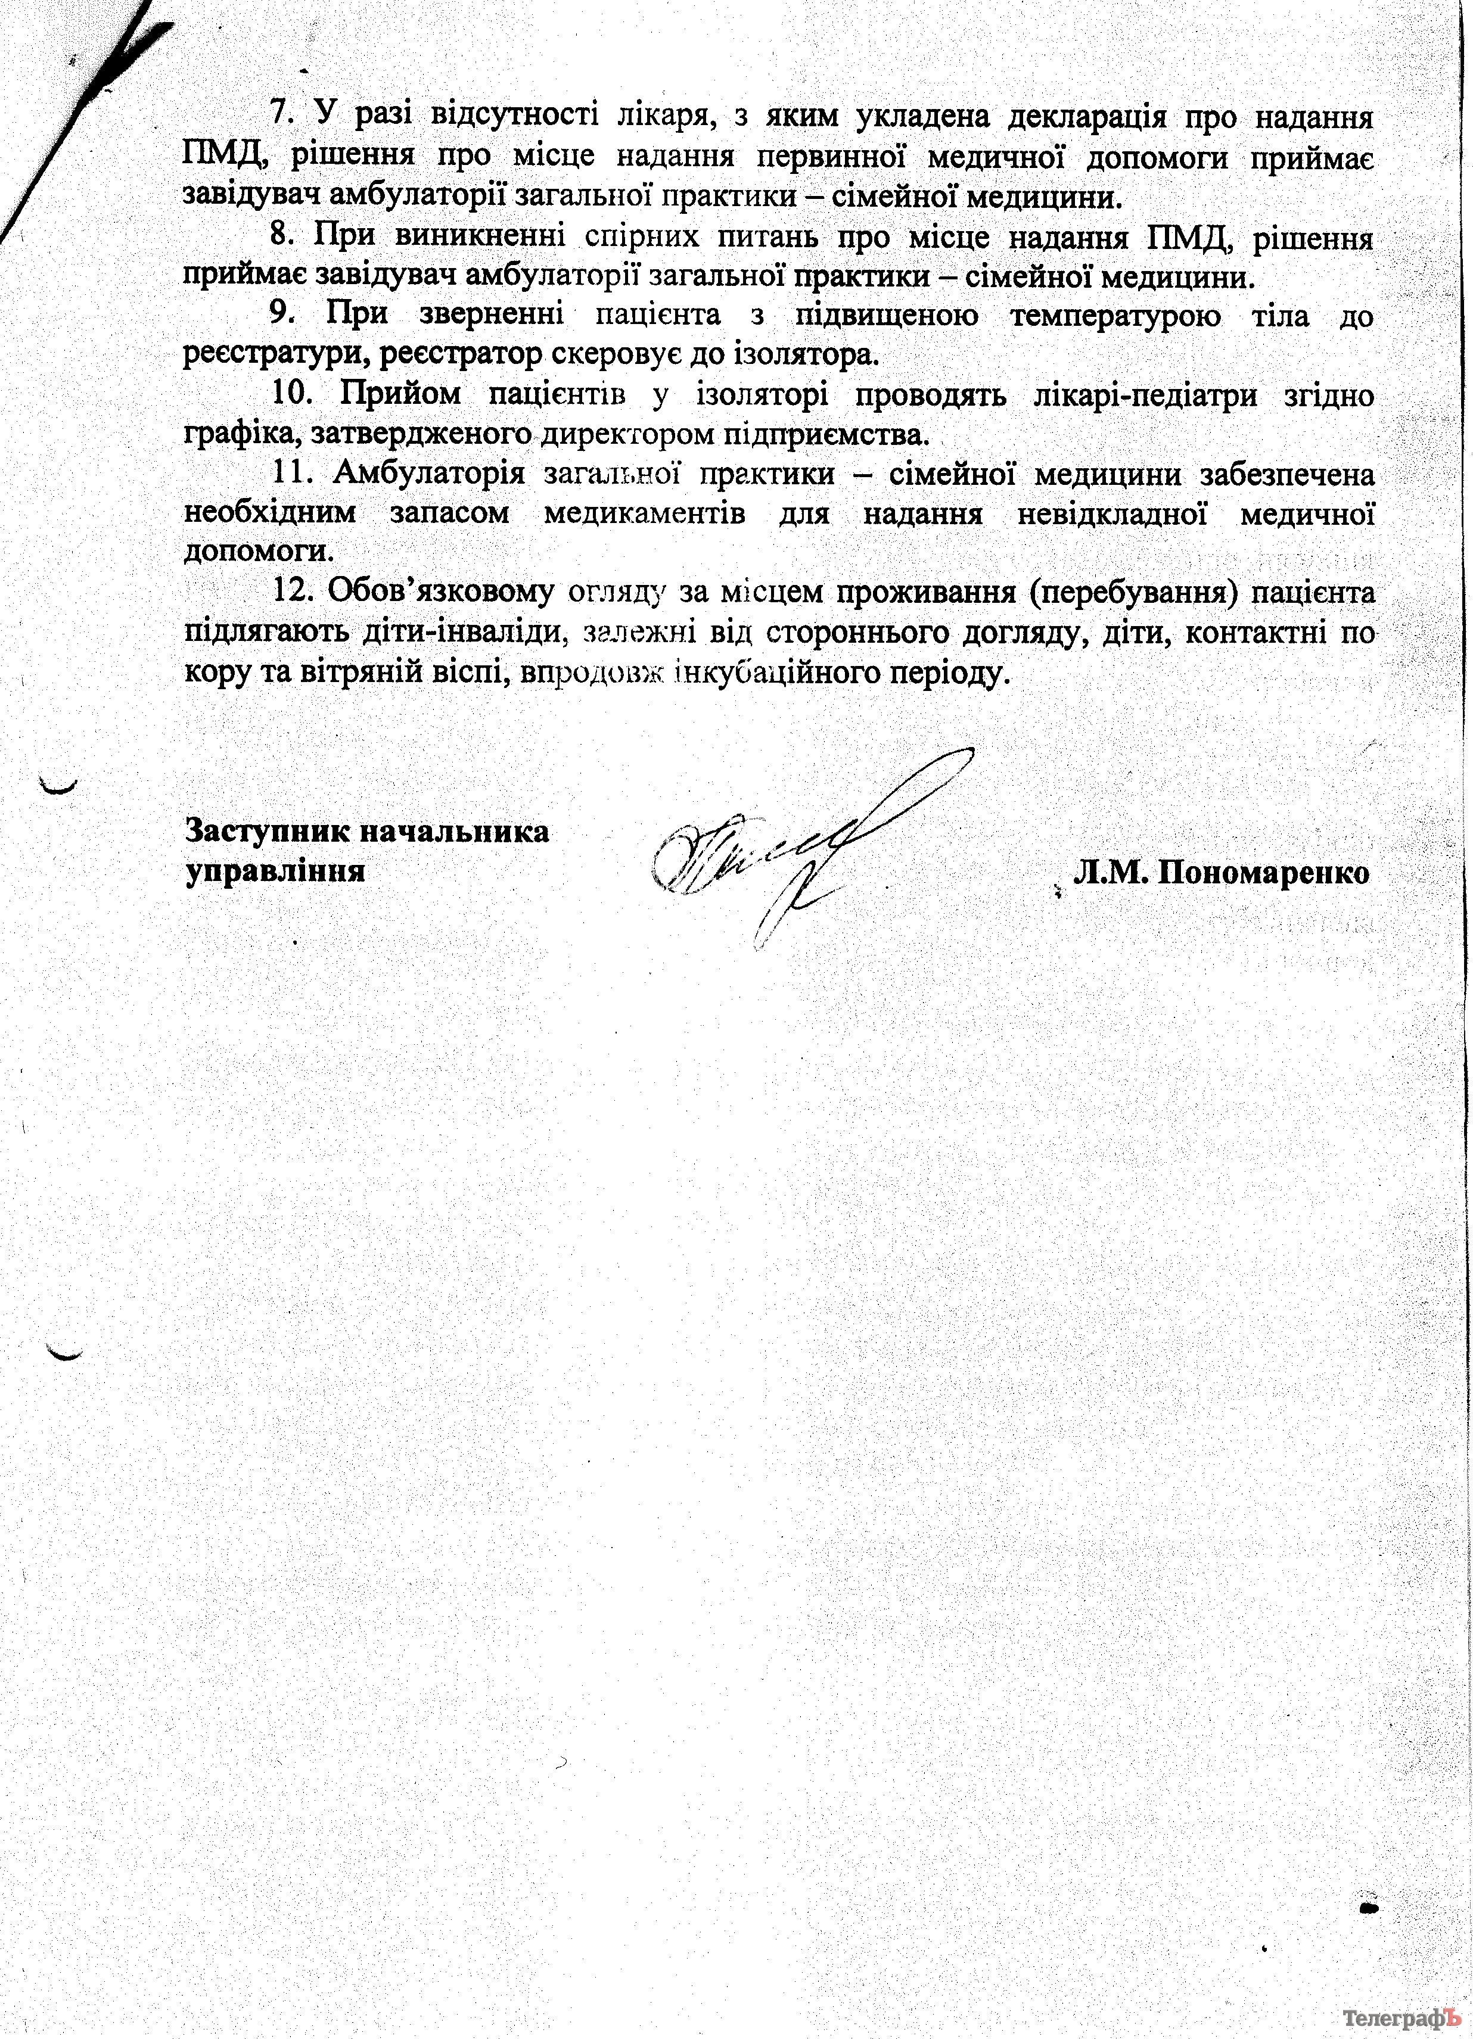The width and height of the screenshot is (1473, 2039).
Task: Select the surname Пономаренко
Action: click(1263, 872)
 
